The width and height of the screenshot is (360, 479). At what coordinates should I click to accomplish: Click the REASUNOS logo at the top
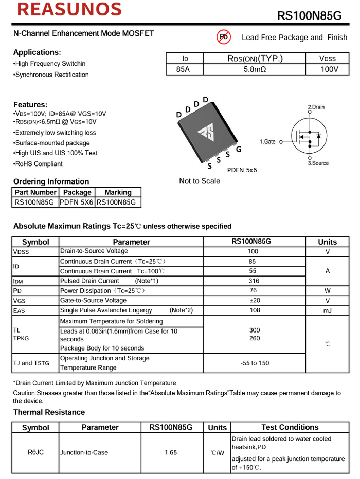pyautogui.click(x=68, y=10)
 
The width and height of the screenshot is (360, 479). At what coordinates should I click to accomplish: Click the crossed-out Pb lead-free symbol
pyautogui.click(x=223, y=36)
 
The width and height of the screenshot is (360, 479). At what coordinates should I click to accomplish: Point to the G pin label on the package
pyautogui.click(x=239, y=150)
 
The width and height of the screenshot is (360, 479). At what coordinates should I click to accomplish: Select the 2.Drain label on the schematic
pyautogui.click(x=316, y=107)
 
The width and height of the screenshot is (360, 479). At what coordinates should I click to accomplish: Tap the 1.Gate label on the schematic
pyautogui.click(x=267, y=141)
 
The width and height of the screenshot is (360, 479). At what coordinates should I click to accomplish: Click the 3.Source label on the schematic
pyautogui.click(x=318, y=163)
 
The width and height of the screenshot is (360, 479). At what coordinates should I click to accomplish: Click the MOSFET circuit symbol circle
pyautogui.click(x=310, y=137)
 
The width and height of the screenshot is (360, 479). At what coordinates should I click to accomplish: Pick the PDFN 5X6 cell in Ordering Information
pyautogui.click(x=77, y=202)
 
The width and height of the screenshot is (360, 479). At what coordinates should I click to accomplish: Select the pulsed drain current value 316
pyautogui.click(x=254, y=281)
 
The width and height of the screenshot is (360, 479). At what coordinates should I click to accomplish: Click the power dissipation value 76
pyautogui.click(x=254, y=291)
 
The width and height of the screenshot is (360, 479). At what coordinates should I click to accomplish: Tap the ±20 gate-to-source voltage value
pyautogui.click(x=254, y=301)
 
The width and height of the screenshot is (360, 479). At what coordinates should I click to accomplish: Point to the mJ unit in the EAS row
pyautogui.click(x=328, y=310)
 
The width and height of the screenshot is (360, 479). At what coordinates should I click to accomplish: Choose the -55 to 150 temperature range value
pyautogui.click(x=255, y=363)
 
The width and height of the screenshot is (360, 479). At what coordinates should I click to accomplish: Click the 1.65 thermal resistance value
pyautogui.click(x=171, y=453)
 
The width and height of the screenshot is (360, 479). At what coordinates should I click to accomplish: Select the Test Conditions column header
pyautogui.click(x=290, y=427)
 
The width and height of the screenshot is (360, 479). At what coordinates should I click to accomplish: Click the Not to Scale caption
pyautogui.click(x=200, y=181)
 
